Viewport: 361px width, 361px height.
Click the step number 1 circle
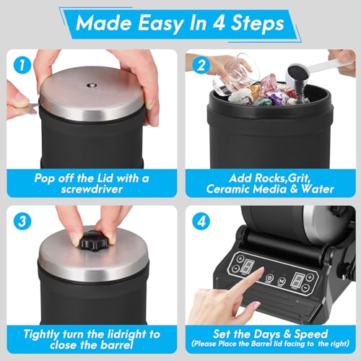[x=22, y=66]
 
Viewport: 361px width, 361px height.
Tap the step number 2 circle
[x=201, y=66]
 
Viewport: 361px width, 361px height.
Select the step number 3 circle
[x=22, y=221]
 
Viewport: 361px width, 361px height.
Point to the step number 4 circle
[x=201, y=221]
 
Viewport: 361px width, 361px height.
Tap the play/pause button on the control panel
[x=282, y=281]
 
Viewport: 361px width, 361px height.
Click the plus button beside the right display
[x=310, y=277]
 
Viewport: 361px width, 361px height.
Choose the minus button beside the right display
[x=305, y=287]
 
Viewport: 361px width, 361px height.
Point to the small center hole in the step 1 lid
[x=91, y=84]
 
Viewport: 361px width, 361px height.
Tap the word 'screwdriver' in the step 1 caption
[x=92, y=189]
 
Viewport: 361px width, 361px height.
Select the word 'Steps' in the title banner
[x=257, y=23]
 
